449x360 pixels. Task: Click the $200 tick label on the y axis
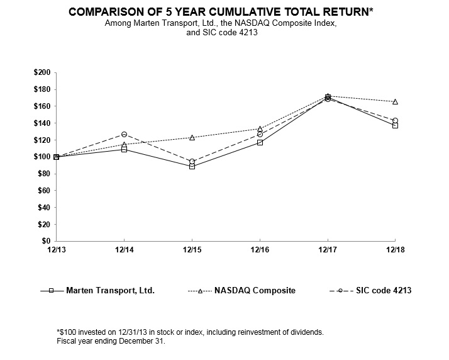click(x=43, y=72)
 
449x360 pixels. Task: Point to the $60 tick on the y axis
click(x=43, y=191)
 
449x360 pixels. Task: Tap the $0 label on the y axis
click(x=47, y=241)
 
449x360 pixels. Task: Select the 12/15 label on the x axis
click(x=192, y=250)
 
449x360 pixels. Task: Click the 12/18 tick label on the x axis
click(x=395, y=250)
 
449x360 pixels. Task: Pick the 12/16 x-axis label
click(x=260, y=250)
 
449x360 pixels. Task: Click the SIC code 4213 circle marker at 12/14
click(x=124, y=134)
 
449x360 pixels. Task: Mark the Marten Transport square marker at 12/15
click(x=192, y=166)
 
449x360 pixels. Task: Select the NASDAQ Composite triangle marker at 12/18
click(x=395, y=101)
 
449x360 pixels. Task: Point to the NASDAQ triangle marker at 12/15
click(x=192, y=137)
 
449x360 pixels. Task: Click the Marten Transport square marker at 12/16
click(x=260, y=142)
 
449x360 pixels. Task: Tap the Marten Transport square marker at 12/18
click(x=395, y=125)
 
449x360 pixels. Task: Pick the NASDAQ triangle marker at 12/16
click(x=260, y=128)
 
